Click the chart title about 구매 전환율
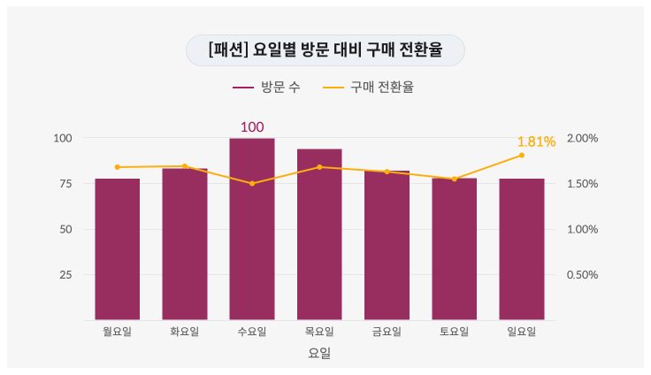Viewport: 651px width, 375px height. [x=325, y=50]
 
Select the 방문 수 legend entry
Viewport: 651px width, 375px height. [x=266, y=88]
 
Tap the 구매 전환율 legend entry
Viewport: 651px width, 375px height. [x=368, y=88]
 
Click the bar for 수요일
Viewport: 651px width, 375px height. [x=252, y=229]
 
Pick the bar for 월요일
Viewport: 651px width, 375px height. [x=117, y=249]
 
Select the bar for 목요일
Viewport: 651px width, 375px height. [x=319, y=234]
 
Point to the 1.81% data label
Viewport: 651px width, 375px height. [x=536, y=142]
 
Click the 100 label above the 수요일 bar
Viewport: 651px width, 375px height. [x=252, y=127]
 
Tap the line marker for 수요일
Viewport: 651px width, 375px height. [x=252, y=184]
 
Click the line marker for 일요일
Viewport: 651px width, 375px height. [x=522, y=156]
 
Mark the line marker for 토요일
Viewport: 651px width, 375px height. [x=455, y=179]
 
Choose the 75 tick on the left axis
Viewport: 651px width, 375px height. [x=65, y=184]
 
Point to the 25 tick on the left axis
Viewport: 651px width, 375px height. [x=65, y=274]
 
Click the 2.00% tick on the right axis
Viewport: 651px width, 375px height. [x=583, y=138]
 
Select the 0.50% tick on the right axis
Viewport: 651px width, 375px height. [x=583, y=274]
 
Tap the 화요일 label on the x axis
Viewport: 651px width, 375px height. [x=184, y=332]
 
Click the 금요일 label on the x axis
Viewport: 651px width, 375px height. [x=387, y=332]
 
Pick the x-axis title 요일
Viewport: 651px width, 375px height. [x=319, y=353]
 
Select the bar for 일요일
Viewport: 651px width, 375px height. [x=522, y=249]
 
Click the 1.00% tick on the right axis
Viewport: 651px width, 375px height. [x=583, y=229]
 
